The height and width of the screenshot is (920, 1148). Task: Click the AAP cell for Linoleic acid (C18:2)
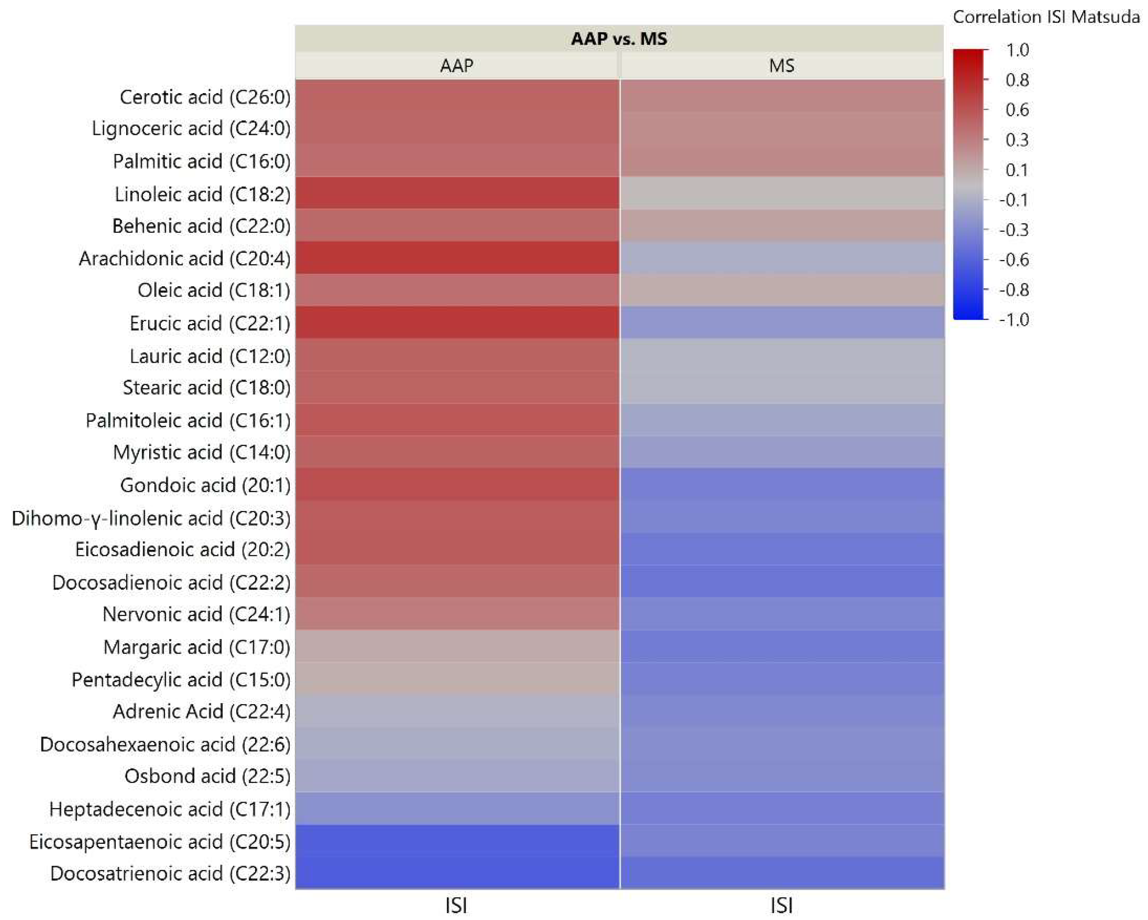pos(457,193)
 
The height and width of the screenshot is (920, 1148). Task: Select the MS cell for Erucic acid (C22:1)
pos(781,322)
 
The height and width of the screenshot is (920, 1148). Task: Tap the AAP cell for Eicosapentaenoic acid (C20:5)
pos(457,841)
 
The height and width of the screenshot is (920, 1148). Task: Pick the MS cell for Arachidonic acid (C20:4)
pos(781,258)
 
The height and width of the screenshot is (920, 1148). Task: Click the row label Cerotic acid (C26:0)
pos(205,97)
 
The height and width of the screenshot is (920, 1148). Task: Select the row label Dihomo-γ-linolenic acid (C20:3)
pos(151,518)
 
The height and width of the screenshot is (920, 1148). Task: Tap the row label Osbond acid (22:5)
pos(207,776)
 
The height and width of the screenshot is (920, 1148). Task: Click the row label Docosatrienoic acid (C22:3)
pos(170,873)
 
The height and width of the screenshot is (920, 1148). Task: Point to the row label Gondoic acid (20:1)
pos(205,485)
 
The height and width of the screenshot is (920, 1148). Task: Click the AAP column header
pos(457,65)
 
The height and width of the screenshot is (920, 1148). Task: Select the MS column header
pos(781,65)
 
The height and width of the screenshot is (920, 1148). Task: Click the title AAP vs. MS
pos(619,38)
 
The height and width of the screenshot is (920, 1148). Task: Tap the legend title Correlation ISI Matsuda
pos(1046,17)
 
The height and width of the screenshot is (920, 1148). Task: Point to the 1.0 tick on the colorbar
pos(1016,50)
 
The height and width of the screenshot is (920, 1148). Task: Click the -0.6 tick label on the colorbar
pos(1013,259)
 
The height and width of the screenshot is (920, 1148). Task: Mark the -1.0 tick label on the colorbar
pos(1013,320)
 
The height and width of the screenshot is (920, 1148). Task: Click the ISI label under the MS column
pos(781,905)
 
